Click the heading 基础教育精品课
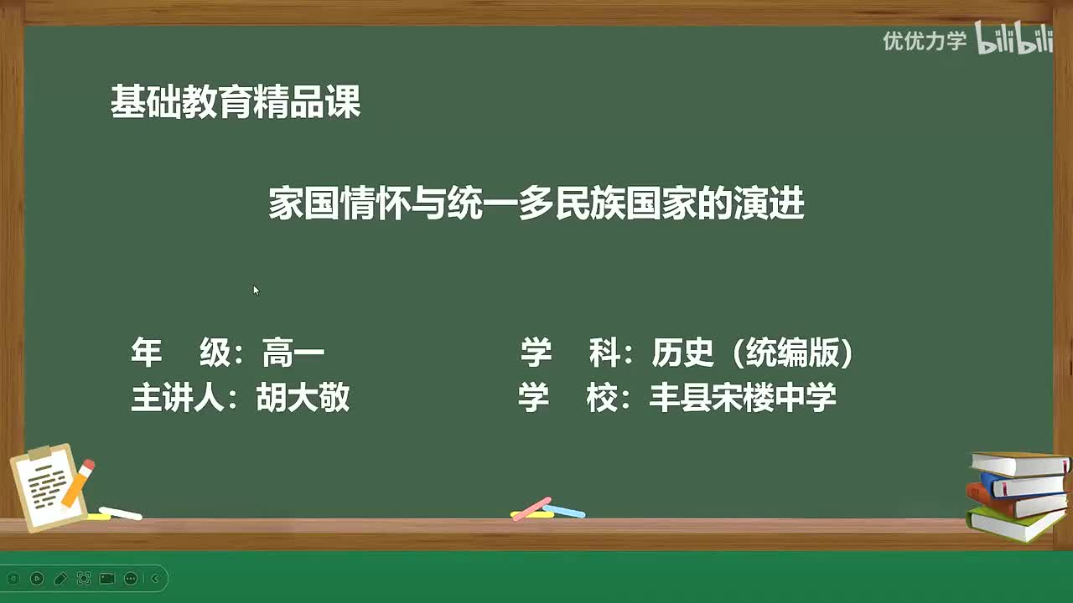[236, 103]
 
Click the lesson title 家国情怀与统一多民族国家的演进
[536, 204]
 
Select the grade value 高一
[293, 353]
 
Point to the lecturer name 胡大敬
[303, 398]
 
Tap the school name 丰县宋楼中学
[743, 398]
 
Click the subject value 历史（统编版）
[752, 353]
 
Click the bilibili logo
[1013, 39]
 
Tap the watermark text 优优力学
[924, 40]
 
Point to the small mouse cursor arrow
[256, 290]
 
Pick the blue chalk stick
[563, 510]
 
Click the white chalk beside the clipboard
[120, 513]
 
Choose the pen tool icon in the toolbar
[60, 578]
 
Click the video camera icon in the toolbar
[107, 578]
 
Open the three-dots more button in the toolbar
[131, 578]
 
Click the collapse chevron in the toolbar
[154, 578]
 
